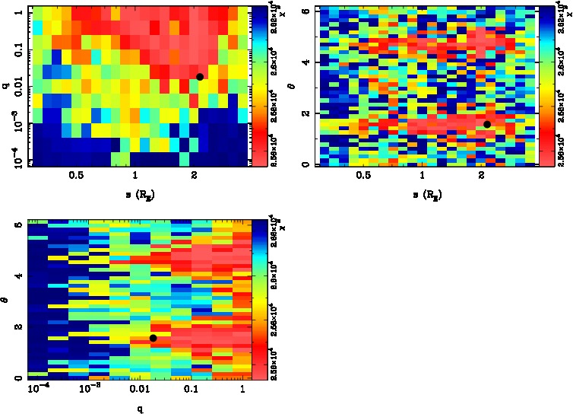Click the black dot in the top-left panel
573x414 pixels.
point(199,76)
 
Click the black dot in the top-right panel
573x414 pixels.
point(487,124)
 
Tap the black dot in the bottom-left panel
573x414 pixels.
point(153,338)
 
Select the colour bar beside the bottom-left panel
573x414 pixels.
point(258,300)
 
